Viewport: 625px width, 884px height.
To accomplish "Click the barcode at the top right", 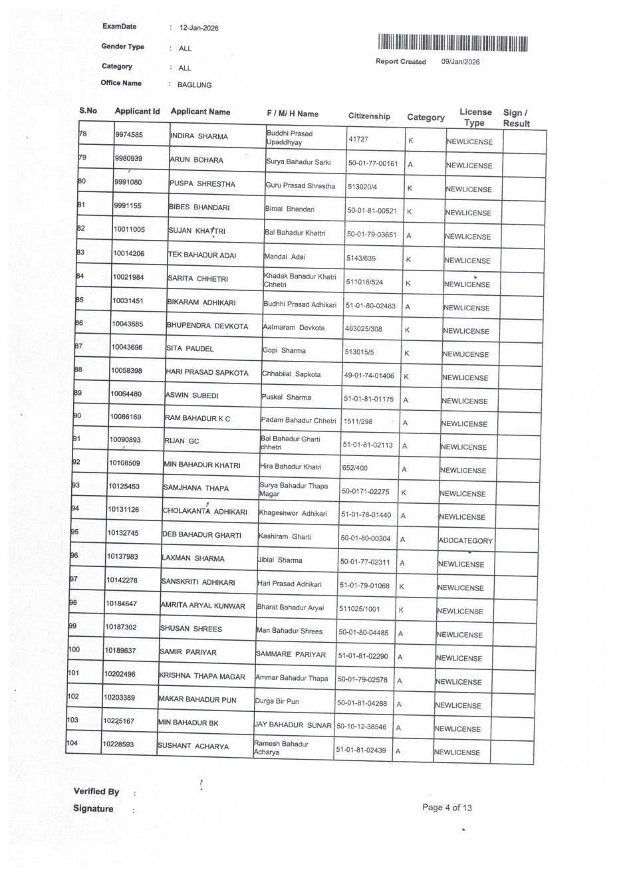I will pyautogui.click(x=453, y=43).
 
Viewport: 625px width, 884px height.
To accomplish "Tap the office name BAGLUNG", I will pyautogui.click(x=194, y=85).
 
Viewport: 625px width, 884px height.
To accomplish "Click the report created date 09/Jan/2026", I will pyautogui.click(x=460, y=62).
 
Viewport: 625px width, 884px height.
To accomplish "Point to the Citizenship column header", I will pyautogui.click(x=369, y=116).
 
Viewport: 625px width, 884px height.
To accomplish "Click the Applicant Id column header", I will pyautogui.click(x=137, y=112).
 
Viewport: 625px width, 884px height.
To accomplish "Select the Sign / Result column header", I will pyautogui.click(x=516, y=118).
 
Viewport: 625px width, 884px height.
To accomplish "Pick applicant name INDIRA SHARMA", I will pyautogui.click(x=199, y=136).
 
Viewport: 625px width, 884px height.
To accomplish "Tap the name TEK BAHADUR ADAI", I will pyautogui.click(x=201, y=255).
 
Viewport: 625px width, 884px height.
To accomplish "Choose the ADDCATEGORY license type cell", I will pyautogui.click(x=465, y=540).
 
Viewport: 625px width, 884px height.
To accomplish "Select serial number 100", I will pyautogui.click(x=74, y=649).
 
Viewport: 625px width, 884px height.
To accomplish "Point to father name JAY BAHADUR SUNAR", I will pyautogui.click(x=293, y=725).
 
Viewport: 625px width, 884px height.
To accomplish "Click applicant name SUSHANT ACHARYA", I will pyautogui.click(x=193, y=746).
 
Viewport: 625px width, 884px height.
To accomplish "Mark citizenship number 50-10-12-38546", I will pyautogui.click(x=362, y=726).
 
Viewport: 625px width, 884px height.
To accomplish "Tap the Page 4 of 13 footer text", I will pyautogui.click(x=447, y=808).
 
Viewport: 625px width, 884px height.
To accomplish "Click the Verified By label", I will pyautogui.click(x=96, y=792).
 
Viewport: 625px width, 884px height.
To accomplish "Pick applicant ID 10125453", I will pyautogui.click(x=124, y=487).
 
